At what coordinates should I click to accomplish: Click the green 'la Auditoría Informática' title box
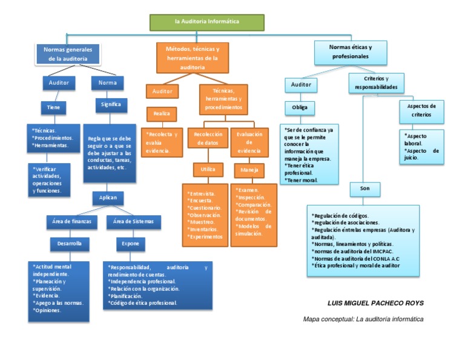[x=207, y=22]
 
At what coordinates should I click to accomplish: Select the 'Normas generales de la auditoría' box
[x=67, y=54]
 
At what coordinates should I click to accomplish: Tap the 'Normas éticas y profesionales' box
[x=350, y=52]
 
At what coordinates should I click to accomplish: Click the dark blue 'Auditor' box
[x=59, y=82]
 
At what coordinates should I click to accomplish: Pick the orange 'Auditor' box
[x=162, y=92]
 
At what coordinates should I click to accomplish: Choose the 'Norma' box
[x=107, y=82]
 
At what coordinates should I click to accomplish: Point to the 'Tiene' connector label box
[x=53, y=107]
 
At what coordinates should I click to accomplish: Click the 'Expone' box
[x=130, y=244]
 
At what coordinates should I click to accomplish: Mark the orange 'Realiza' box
[x=161, y=113]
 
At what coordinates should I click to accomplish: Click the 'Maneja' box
[x=249, y=170]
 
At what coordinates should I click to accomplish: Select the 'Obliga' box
[x=300, y=108]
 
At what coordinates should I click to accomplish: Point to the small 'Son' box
[x=364, y=189]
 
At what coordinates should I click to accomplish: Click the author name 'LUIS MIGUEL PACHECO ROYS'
[x=375, y=303]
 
